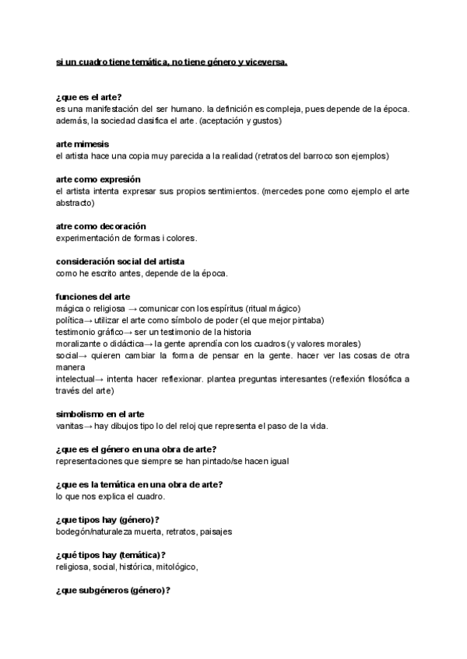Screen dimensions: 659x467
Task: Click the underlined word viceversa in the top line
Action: coord(265,61)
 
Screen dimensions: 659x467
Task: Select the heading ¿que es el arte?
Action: coord(89,97)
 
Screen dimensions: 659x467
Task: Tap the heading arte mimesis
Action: coord(83,145)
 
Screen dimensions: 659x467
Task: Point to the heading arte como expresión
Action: coord(98,180)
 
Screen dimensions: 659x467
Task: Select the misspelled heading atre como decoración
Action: coord(101,226)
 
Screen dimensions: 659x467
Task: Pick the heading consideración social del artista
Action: coord(121,261)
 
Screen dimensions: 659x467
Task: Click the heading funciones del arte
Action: coord(93,297)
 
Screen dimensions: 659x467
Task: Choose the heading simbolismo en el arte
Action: coord(100,414)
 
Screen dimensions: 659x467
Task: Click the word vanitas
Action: coord(69,426)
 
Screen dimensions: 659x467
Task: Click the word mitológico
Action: coord(176,567)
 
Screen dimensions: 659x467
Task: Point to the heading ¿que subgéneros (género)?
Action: coord(113,591)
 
